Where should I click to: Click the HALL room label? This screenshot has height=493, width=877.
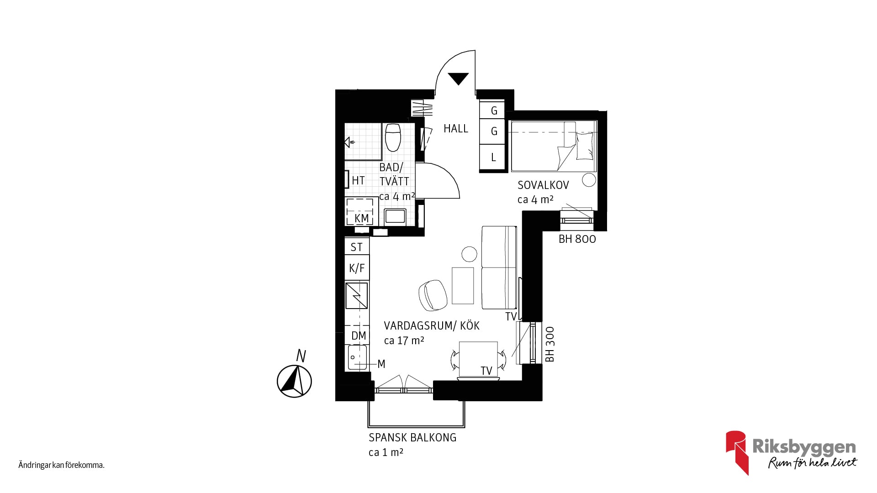pos(456,129)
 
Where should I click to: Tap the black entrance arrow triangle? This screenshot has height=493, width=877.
pos(458,79)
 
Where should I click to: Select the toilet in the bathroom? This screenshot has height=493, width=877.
pos(393,137)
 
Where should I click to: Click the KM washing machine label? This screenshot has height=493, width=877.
pos(361,219)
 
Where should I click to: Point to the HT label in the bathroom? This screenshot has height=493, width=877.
pos(358,181)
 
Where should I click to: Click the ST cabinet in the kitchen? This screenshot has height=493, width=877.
pos(357,247)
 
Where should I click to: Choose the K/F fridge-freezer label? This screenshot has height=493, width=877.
pos(357,268)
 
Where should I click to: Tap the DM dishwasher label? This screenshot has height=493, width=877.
pos(359,336)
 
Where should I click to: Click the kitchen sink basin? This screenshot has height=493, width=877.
pos(357,357)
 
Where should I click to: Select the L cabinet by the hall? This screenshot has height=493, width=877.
pos(493,157)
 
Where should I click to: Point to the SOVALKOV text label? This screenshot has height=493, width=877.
pos(543,185)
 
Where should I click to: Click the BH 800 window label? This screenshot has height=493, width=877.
pos(577,239)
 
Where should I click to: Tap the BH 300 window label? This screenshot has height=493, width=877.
pos(550,344)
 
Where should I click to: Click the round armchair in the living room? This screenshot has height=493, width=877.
pos(432,294)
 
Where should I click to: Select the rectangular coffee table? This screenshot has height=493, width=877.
pos(463,286)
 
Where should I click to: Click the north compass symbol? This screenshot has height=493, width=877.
pos(295,380)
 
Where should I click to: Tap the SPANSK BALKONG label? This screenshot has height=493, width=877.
pos(412,438)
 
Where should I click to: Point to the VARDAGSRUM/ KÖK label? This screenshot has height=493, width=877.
pos(432,325)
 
